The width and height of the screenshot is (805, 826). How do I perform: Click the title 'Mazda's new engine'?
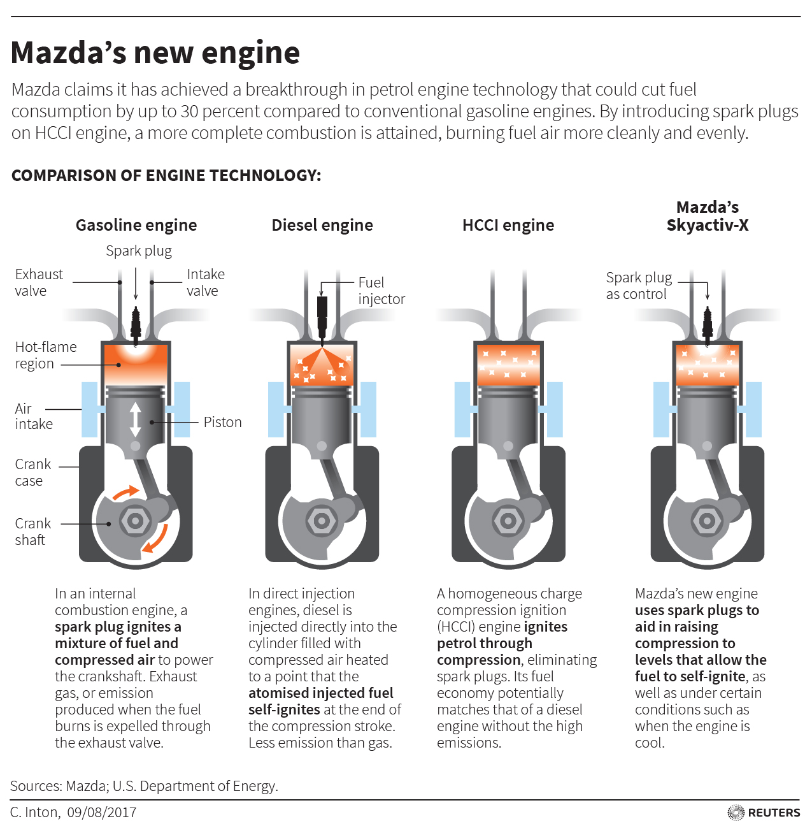(155, 53)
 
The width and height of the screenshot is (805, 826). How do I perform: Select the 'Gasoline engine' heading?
(136, 225)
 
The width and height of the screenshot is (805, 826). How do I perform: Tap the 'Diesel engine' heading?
(322, 225)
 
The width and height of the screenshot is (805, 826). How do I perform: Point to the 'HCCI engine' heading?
(508, 225)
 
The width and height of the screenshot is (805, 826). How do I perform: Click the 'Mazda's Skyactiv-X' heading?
(708, 216)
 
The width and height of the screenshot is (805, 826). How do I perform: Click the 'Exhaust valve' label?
(39, 282)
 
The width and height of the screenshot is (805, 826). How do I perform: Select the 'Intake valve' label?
(205, 282)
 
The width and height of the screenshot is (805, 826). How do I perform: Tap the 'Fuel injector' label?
(381, 291)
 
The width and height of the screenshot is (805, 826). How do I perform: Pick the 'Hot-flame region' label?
(45, 355)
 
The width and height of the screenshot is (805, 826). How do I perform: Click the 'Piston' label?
(222, 422)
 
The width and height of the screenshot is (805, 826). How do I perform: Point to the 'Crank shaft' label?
(32, 532)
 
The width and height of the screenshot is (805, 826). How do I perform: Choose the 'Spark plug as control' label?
(639, 286)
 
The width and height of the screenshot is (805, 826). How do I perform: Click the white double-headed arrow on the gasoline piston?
(135, 419)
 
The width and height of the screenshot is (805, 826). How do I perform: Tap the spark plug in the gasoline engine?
(136, 322)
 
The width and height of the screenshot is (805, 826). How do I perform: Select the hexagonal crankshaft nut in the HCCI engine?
(508, 521)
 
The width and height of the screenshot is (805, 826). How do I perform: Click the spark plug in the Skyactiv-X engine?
(707, 322)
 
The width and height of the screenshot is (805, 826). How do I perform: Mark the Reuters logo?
(764, 813)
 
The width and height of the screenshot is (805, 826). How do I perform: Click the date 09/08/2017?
(102, 813)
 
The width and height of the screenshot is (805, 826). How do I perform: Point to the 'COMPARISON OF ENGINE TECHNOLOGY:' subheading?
(166, 175)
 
